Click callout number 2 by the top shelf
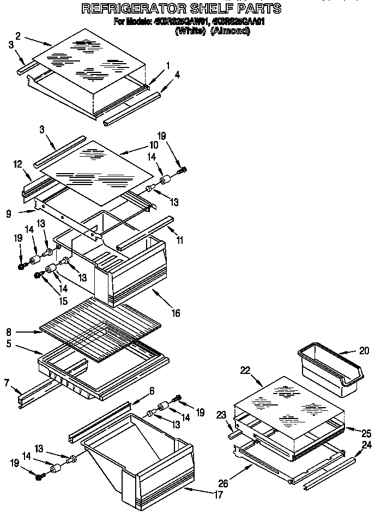(18, 36)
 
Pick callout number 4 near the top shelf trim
(177, 75)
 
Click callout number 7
(7, 383)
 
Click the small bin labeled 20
(327, 370)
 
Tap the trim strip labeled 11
(144, 232)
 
